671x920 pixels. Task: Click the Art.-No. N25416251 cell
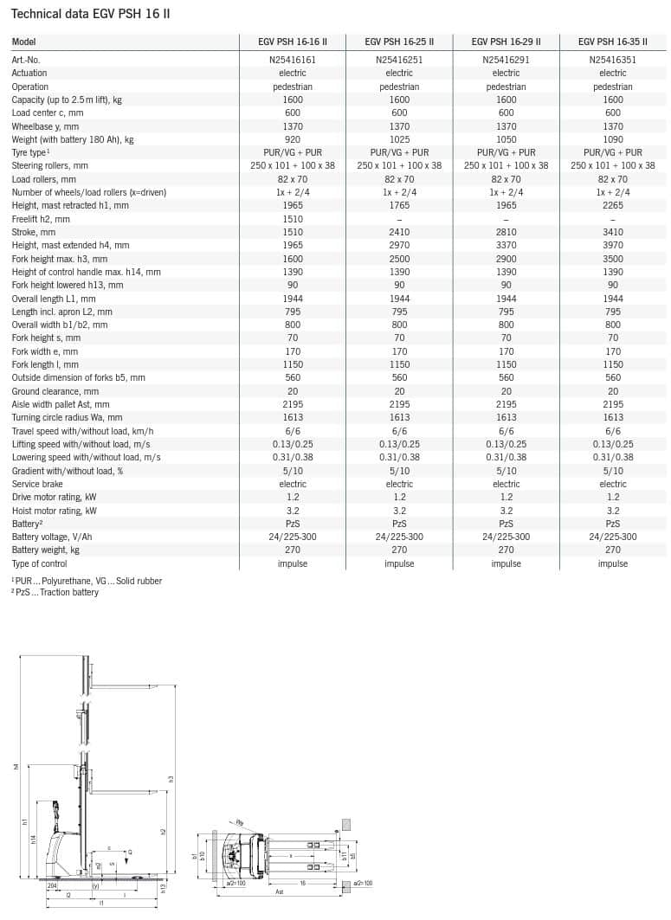[x=399, y=60]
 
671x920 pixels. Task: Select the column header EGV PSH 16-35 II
[x=613, y=42]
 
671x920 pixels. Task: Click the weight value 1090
[x=613, y=139]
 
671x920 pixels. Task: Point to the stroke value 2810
[x=506, y=232]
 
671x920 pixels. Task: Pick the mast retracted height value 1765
[x=399, y=205]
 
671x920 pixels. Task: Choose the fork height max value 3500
[x=613, y=259]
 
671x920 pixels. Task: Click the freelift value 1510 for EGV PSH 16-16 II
[x=293, y=219]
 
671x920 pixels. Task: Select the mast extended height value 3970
[x=613, y=246]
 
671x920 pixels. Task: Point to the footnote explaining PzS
[x=55, y=592]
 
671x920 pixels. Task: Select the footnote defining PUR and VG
[x=87, y=581]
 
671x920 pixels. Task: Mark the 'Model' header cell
[x=24, y=42]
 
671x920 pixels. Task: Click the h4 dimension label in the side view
[x=16, y=767]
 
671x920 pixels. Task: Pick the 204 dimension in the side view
[x=52, y=885]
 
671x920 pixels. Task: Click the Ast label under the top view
[x=279, y=891]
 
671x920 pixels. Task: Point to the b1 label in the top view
[x=195, y=856]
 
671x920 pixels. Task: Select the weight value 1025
[x=399, y=139]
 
